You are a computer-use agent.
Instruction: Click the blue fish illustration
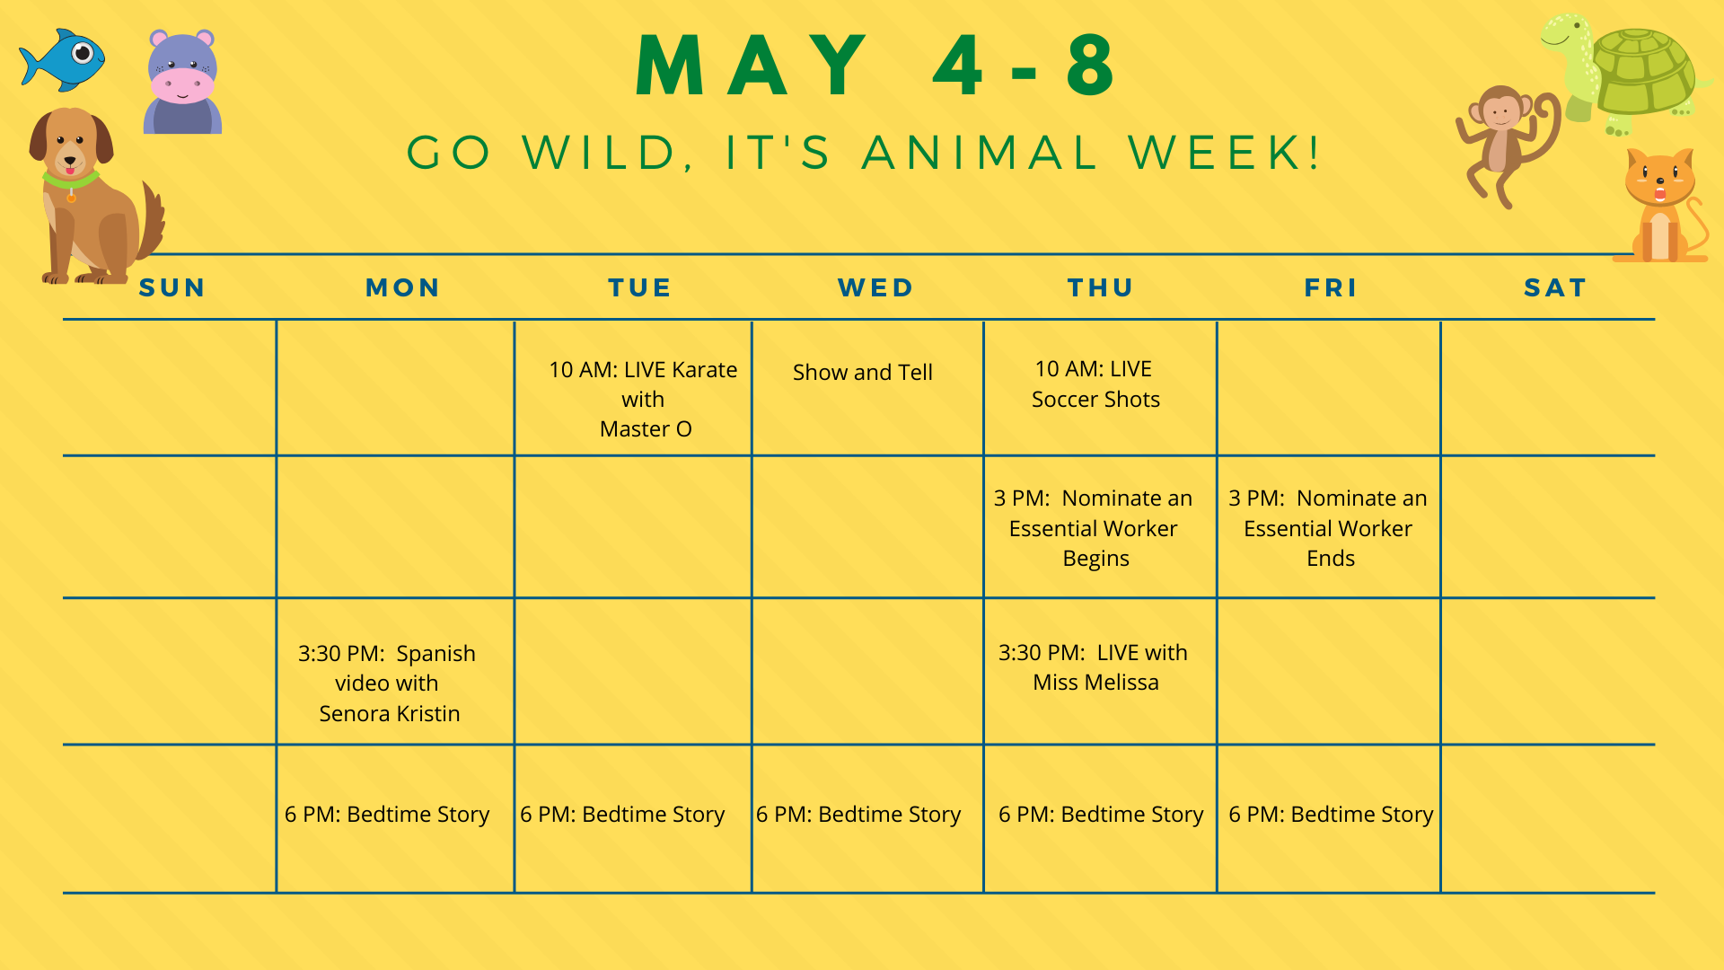point(62,60)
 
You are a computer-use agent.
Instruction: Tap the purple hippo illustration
point(182,82)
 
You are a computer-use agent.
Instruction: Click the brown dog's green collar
point(70,181)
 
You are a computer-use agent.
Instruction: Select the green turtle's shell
point(1643,71)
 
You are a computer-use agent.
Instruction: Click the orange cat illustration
point(1661,206)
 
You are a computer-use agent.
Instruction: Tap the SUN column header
point(172,287)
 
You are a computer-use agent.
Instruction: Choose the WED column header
point(875,287)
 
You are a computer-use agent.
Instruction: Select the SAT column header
point(1555,287)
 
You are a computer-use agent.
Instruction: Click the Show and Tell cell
point(863,372)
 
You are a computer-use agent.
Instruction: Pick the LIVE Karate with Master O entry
point(643,399)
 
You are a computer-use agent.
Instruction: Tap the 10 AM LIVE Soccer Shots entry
point(1095,384)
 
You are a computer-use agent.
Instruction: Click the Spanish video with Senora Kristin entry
point(388,683)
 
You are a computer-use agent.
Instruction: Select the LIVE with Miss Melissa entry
point(1094,667)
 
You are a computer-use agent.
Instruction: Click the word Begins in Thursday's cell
point(1095,559)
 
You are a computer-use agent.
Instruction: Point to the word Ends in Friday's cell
point(1331,559)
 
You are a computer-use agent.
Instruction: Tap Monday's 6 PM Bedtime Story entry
point(387,815)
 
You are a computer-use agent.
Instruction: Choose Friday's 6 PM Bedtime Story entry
point(1331,815)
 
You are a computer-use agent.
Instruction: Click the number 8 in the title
point(1091,65)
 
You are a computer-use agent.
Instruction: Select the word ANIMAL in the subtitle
point(981,153)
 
